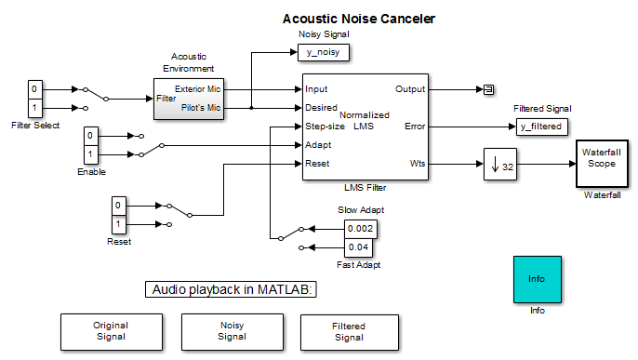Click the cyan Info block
click(x=536, y=278)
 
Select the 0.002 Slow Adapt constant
click(x=361, y=228)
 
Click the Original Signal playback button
click(x=110, y=331)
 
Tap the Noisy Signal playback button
click(x=231, y=331)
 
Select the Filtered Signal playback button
click(x=349, y=331)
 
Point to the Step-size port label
click(x=325, y=127)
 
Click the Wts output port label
click(x=417, y=165)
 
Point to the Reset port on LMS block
click(x=317, y=164)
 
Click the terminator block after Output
click(x=487, y=89)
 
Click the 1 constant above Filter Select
click(x=34, y=108)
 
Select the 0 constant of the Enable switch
click(x=90, y=134)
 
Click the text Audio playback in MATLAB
click(x=233, y=289)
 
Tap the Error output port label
click(x=414, y=127)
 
